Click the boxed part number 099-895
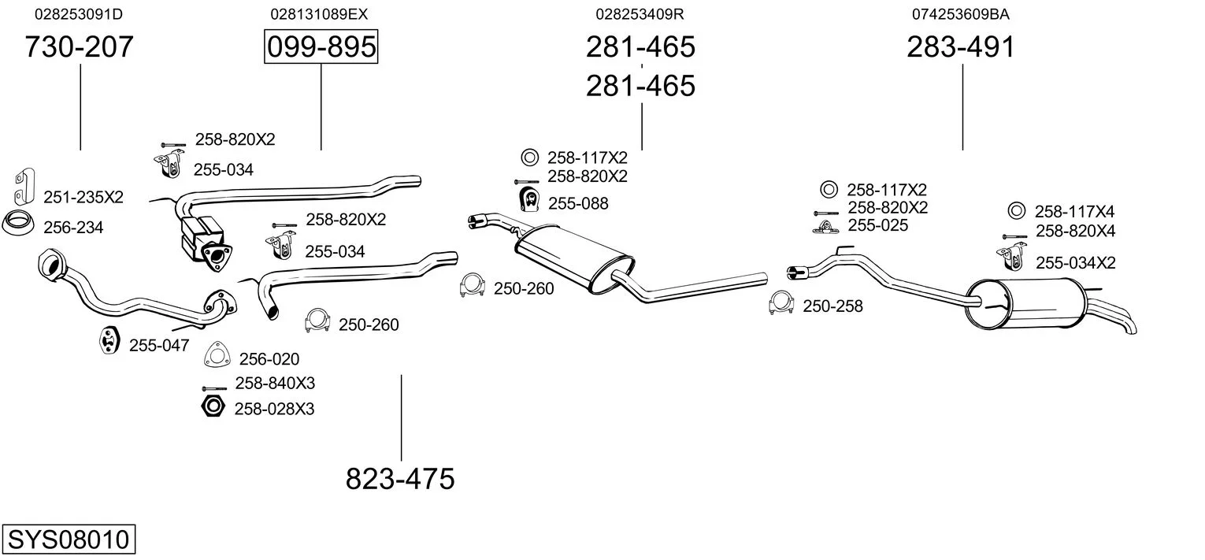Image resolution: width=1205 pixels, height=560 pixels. click(321, 47)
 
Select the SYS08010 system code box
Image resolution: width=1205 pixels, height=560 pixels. click(68, 540)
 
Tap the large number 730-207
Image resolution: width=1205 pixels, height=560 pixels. click(80, 47)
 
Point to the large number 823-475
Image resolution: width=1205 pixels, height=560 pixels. click(400, 478)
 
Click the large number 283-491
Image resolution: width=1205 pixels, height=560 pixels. click(961, 47)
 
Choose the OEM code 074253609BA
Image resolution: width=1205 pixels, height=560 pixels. click(961, 14)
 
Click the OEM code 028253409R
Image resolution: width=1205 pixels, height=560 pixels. click(640, 14)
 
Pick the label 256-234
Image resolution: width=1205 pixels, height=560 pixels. click(73, 228)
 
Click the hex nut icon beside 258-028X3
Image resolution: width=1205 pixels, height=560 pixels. click(212, 407)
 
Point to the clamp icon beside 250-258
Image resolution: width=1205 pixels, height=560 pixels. click(781, 303)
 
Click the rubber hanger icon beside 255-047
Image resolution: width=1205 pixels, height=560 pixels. click(107, 340)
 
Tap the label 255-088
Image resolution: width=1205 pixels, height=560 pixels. click(578, 203)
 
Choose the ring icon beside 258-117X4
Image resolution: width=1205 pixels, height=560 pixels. click(1016, 210)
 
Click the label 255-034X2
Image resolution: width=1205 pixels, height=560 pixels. click(1075, 263)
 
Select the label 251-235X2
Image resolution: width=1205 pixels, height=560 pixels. click(83, 197)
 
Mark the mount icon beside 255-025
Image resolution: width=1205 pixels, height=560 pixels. click(824, 227)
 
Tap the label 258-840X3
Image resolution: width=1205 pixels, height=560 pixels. click(275, 384)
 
